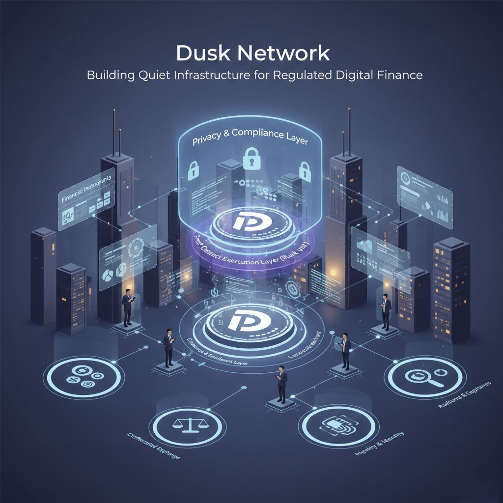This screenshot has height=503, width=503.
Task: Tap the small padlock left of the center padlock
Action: click(194, 169)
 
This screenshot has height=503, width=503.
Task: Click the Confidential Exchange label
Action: click(153, 445)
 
